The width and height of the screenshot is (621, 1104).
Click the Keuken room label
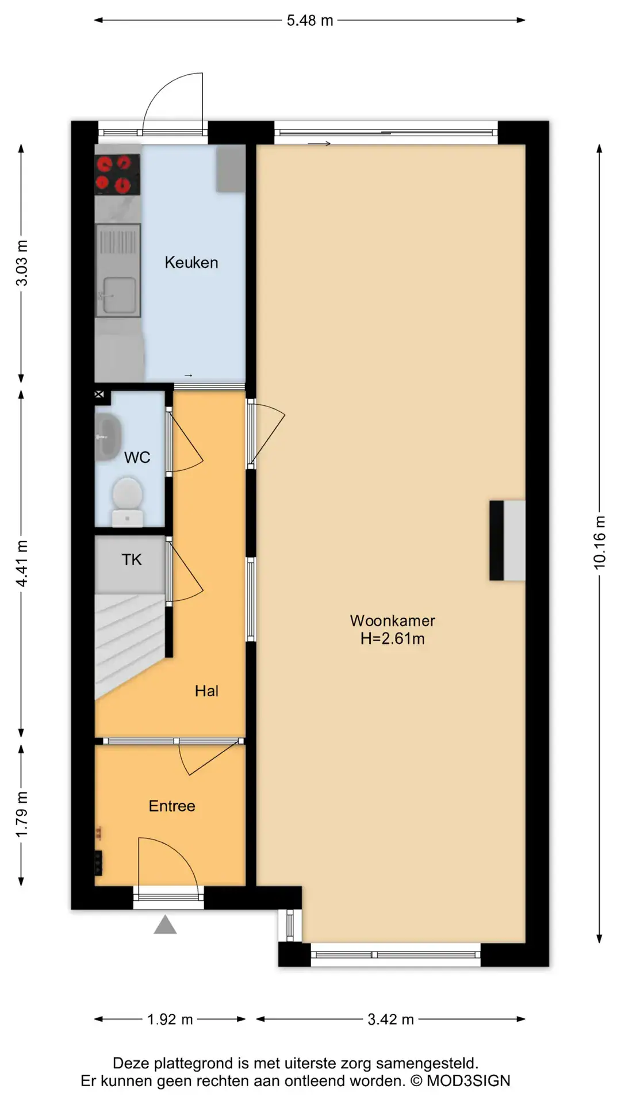pyautogui.click(x=191, y=263)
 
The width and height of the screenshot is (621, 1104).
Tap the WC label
pyautogui.click(x=137, y=458)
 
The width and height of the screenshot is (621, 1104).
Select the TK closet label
pyautogui.click(x=132, y=560)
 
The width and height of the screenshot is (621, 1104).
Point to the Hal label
pyautogui.click(x=206, y=691)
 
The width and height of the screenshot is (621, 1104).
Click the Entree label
pyautogui.click(x=172, y=806)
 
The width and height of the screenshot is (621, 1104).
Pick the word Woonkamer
pyautogui.click(x=393, y=621)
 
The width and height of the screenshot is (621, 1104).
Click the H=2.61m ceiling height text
pyautogui.click(x=393, y=639)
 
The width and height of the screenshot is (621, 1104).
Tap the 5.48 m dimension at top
pyautogui.click(x=310, y=21)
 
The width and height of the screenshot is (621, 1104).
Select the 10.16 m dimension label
pyautogui.click(x=600, y=543)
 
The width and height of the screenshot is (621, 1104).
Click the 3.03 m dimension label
pyautogui.click(x=21, y=263)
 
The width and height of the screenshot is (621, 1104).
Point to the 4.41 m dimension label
pyautogui.click(x=21, y=564)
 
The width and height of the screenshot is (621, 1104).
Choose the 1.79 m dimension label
pyautogui.click(x=21, y=815)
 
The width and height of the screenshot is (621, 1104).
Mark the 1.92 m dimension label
pyautogui.click(x=170, y=1019)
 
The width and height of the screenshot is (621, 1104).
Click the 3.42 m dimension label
pyautogui.click(x=391, y=1019)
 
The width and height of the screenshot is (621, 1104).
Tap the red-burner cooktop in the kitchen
pyautogui.click(x=118, y=175)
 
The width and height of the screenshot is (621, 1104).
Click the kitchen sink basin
pyautogui.click(x=119, y=296)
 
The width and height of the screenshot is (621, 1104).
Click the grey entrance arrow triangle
pyautogui.click(x=165, y=925)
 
